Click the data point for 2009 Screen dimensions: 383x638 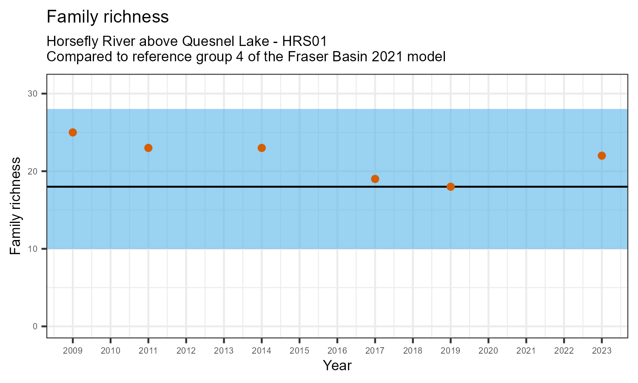pyautogui.click(x=73, y=132)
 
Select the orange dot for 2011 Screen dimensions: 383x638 pyautogui.click(x=148, y=148)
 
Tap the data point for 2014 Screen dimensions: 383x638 pyautogui.click(x=262, y=148)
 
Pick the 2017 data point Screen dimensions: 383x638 pyautogui.click(x=375, y=179)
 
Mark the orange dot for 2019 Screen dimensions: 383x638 pyautogui.click(x=450, y=187)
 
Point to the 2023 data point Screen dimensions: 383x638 pyautogui.click(x=601, y=156)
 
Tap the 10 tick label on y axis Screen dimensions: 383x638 pyautogui.click(x=33, y=249)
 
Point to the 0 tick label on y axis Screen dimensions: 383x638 pyautogui.click(x=35, y=326)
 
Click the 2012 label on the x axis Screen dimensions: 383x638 pyautogui.click(x=186, y=351)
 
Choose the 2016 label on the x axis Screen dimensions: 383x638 pyautogui.click(x=337, y=351)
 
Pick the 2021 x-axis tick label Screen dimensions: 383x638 pyautogui.click(x=526, y=351)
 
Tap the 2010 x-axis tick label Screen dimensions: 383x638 pyautogui.click(x=111, y=351)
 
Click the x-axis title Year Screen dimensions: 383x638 pyautogui.click(x=337, y=366)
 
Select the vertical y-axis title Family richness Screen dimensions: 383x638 pyautogui.click(x=15, y=206)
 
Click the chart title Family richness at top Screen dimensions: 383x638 pyautogui.click(x=108, y=17)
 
